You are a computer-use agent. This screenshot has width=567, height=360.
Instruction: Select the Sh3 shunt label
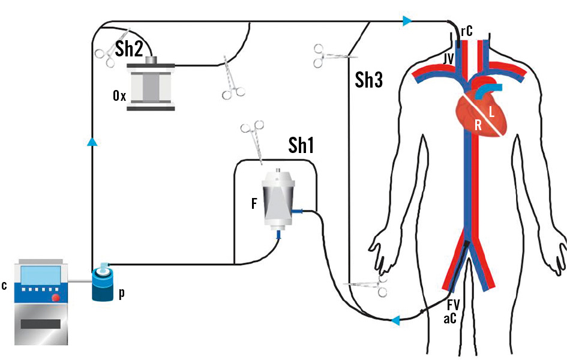[368, 80]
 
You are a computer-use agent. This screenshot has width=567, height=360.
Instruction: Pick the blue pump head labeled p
[104, 286]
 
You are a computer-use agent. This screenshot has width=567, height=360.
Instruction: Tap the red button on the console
[56, 298]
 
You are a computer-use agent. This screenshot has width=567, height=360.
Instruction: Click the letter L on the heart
[492, 112]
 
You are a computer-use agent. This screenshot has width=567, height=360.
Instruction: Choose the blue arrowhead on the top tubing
[407, 22]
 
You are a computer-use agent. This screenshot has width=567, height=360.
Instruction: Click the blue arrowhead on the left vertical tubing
[92, 142]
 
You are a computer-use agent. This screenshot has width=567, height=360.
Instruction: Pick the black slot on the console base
[41, 325]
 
